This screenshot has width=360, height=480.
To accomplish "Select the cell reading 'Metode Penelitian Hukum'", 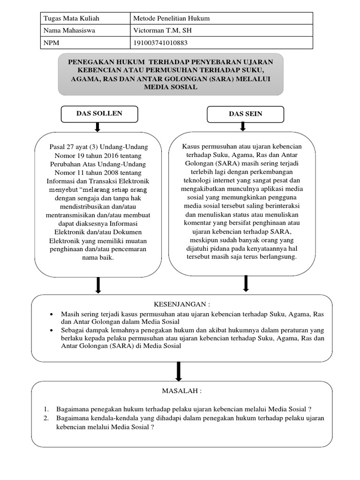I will click(x=172, y=18).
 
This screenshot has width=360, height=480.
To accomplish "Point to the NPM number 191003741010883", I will click(x=163, y=43).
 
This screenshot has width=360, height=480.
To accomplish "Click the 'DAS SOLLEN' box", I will click(x=99, y=114).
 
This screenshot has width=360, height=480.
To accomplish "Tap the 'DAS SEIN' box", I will click(x=245, y=114).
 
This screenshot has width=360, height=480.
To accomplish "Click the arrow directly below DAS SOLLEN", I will click(x=97, y=127).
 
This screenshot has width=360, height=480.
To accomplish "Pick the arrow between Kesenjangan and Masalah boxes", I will click(x=179, y=372).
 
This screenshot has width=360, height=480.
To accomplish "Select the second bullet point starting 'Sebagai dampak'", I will click(x=52, y=330).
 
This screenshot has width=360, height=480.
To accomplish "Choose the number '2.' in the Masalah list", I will click(x=46, y=418).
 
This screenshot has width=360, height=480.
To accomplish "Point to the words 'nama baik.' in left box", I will click(x=98, y=257).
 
